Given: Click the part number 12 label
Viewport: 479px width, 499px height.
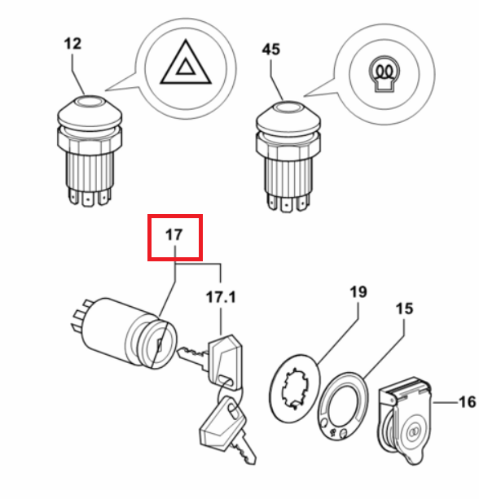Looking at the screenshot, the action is coord(73,44).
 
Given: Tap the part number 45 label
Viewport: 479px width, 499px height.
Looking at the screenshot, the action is coord(271,50).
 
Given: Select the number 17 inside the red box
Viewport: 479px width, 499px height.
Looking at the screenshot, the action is coord(174,235).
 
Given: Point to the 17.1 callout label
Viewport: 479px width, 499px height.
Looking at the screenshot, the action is coord(221,297).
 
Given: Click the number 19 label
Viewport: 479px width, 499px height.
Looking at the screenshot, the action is coord(358,291).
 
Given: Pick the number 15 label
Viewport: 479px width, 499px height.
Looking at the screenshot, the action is coord(405,309).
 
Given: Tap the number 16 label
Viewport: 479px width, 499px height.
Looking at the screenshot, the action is coord(468,402).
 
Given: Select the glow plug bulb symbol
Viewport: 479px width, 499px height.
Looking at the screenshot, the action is coord(385,74).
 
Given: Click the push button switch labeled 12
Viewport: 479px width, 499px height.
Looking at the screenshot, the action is coord(90,151).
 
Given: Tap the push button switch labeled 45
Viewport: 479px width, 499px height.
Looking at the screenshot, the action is coord(288,156).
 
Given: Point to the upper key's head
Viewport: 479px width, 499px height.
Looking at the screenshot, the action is coord(225,362).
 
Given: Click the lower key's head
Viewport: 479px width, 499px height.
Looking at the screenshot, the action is coord(222,423).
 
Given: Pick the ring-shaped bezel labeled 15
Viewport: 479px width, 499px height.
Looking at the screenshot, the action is coord(343,406).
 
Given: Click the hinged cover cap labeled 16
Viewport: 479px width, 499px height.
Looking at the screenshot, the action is coord(405,421).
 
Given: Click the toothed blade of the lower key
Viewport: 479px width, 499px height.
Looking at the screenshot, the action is coord(244,448).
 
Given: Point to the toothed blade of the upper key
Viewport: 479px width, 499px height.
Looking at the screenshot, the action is coord(193,356).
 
